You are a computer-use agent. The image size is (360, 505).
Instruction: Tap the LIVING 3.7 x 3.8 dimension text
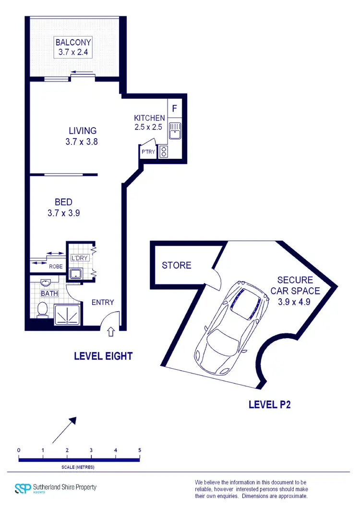(x=83, y=142)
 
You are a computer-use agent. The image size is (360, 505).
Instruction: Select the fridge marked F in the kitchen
(x=174, y=108)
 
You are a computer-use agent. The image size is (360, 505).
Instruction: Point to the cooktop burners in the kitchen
(x=164, y=152)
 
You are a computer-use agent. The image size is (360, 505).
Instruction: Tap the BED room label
(x=63, y=202)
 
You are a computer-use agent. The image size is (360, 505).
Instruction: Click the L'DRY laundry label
(x=78, y=258)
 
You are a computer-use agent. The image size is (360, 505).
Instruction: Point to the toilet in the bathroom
(x=42, y=309)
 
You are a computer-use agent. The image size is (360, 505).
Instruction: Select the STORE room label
(x=177, y=265)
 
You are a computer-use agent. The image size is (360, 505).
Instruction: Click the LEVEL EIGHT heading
(x=103, y=356)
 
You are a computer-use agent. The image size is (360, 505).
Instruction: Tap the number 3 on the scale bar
(x=91, y=450)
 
